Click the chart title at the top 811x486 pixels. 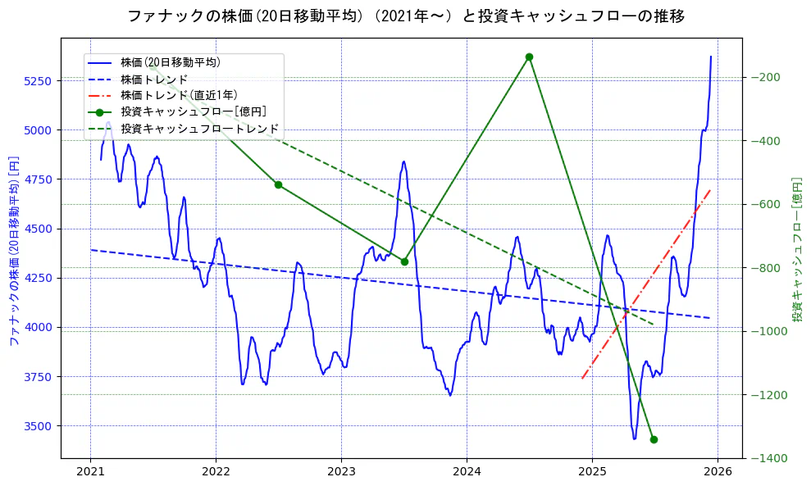coord(406,16)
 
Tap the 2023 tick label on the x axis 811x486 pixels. coord(341,472)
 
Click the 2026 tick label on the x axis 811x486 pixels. coord(718,472)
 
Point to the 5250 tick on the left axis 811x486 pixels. coord(38,81)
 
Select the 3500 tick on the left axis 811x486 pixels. coord(38,426)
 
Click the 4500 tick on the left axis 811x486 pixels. coord(38,229)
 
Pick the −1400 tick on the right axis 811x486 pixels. coord(771,458)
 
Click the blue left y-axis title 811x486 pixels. coord(13,250)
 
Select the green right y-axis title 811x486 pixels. coord(796,250)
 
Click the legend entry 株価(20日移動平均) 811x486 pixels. coord(170,62)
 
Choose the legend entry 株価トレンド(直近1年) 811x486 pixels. coord(179,95)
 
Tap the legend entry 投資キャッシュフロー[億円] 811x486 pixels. coord(194,112)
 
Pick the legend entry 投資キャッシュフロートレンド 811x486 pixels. coord(199,129)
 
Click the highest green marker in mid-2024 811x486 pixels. coord(529,57)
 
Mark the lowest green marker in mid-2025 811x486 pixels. coord(654,439)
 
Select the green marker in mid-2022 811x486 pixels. coord(278,184)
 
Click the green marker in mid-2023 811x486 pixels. coord(404,261)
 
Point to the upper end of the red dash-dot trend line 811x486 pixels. coord(709,190)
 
